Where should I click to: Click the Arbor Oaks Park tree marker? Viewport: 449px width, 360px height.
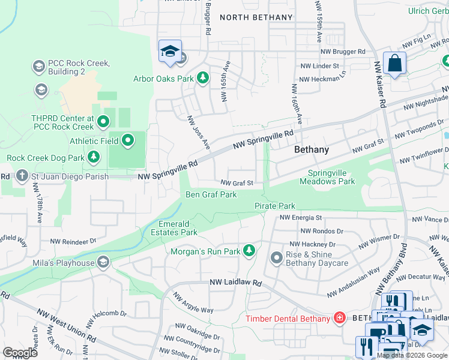[203, 78]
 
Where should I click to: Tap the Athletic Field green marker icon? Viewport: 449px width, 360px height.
[128, 141]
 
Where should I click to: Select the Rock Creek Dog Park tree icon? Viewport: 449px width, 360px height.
[94, 158]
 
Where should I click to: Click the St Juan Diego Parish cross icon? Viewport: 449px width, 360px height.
[22, 176]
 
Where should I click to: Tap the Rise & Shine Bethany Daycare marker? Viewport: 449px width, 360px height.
[277, 258]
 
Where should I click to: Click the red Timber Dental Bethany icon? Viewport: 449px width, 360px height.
[340, 317]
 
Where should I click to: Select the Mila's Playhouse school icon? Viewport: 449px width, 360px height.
[104, 262]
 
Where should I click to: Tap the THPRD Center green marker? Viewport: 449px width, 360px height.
[103, 122]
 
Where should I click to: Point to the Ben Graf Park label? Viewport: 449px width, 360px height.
[211, 194]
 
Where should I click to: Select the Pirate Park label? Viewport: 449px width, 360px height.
[275, 206]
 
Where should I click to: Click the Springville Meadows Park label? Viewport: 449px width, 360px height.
[327, 176]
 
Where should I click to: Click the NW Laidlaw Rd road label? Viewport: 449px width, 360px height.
[236, 282]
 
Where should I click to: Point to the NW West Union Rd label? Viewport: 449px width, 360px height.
[66, 324]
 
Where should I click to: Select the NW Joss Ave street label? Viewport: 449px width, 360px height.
[198, 133]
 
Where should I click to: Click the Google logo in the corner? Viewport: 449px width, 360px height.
[20, 352]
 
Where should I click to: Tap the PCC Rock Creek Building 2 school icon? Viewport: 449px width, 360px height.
[39, 66]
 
